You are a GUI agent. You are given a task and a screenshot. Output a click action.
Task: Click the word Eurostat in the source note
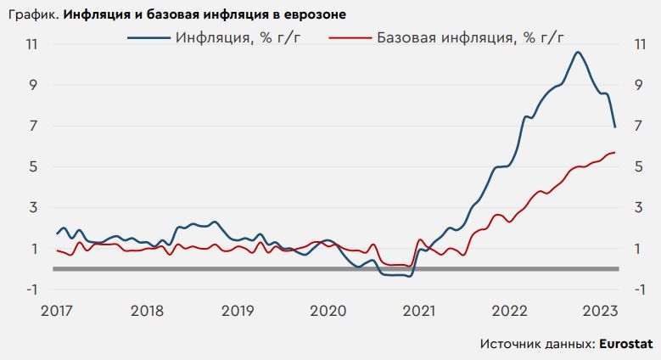point(627,344)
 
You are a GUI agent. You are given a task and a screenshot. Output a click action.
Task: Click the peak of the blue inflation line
point(577,53)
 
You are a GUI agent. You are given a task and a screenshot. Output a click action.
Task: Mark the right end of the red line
point(614,153)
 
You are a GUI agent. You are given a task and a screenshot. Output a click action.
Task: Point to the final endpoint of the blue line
point(615,127)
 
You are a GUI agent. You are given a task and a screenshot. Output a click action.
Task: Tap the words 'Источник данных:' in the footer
point(536,344)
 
